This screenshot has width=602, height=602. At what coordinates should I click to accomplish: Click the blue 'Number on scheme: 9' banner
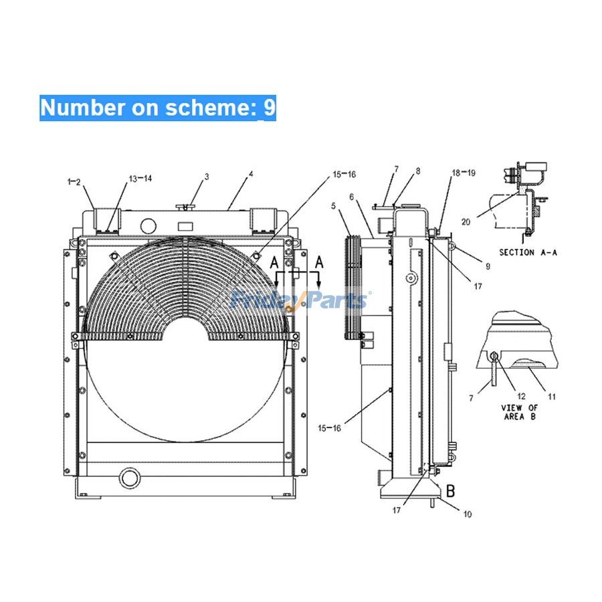(157, 108)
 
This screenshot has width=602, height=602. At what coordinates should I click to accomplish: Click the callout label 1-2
(74, 181)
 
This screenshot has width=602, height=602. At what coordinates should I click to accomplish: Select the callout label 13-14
(140, 178)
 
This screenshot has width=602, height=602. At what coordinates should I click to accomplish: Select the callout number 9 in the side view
(487, 266)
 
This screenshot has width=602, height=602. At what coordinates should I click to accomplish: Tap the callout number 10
(467, 514)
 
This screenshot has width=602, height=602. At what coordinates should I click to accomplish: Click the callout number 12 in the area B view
(522, 396)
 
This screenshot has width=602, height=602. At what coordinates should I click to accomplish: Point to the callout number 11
(552, 396)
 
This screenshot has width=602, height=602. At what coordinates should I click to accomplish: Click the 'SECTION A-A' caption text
(528, 253)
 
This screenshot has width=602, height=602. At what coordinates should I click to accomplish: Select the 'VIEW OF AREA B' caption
(519, 412)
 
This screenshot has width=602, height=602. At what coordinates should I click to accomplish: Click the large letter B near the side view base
(451, 491)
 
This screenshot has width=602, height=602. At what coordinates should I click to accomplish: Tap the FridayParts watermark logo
(300, 299)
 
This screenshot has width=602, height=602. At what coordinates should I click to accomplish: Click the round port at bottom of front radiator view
(127, 478)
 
